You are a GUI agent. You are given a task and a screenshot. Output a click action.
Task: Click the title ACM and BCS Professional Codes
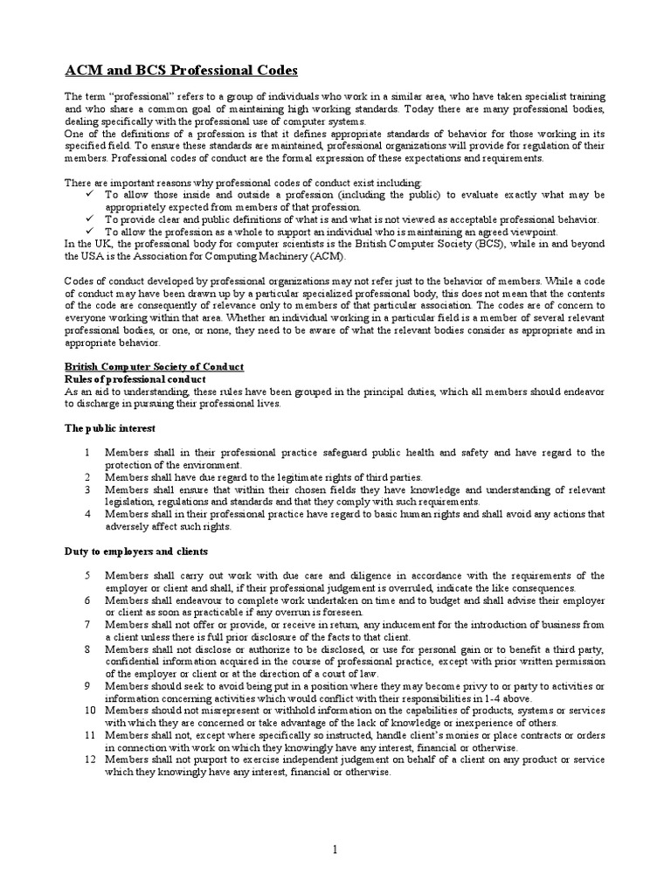point(181,69)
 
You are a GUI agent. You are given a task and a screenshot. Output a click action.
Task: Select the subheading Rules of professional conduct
point(136,378)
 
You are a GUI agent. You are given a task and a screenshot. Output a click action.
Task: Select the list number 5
point(87,576)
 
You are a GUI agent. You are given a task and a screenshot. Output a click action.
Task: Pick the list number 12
point(90,760)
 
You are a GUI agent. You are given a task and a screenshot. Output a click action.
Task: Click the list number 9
point(87,686)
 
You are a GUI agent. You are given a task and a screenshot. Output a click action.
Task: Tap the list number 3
point(87,490)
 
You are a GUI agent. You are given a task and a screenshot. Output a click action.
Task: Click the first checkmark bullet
point(90,194)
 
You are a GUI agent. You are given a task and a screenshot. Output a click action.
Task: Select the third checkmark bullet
point(90,231)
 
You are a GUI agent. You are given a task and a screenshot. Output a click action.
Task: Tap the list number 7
point(87,625)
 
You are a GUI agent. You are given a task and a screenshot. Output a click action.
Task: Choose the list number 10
point(90,711)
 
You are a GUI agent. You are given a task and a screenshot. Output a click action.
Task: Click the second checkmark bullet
point(90,219)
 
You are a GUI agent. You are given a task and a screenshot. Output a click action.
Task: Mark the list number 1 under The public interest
point(87,453)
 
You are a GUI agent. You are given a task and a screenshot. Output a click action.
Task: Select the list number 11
point(90,735)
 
